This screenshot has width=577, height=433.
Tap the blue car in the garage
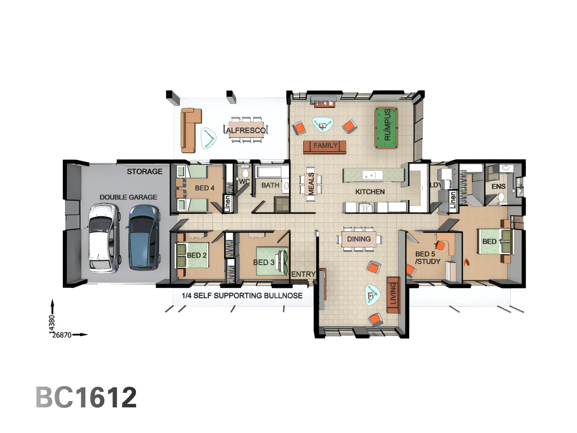tap(143, 237)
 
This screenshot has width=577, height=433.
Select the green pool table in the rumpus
tap(386, 128)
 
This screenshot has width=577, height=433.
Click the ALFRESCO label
tap(246, 130)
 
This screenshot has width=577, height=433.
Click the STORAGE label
tap(145, 172)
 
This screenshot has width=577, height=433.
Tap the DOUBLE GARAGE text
tap(128, 197)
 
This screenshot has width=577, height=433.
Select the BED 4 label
tap(204, 188)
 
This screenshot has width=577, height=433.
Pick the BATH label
tap(270, 185)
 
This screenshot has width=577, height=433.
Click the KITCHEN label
tap(370, 192)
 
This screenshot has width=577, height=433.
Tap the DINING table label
tap(359, 239)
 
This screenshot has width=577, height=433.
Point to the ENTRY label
tap(303, 274)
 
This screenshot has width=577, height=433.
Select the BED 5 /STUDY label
tap(428, 258)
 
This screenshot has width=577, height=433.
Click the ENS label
tap(498, 186)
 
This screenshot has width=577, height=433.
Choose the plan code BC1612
tap(86, 397)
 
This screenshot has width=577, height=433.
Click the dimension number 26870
tap(62, 335)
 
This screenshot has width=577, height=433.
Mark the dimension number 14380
tap(52, 324)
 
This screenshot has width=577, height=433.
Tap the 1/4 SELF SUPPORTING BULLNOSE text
tap(242, 296)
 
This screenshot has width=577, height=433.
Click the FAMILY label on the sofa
tap(325, 146)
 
